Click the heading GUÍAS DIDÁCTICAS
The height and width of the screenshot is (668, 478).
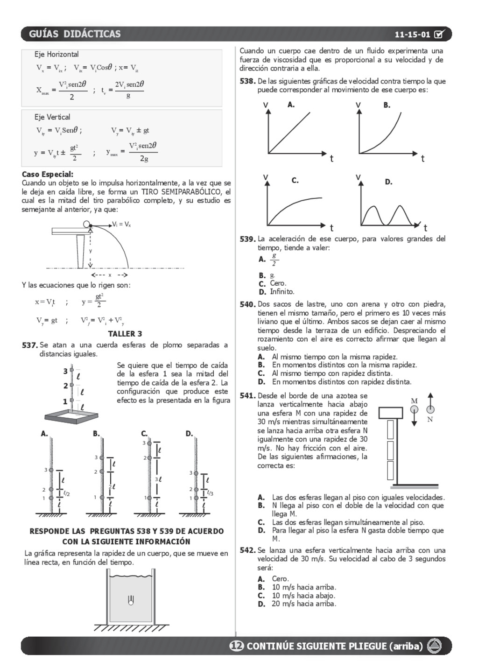75,34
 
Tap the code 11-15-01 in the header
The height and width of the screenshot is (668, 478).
412,35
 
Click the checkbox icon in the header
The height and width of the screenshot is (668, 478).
439,34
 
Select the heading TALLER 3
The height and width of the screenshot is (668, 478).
125,334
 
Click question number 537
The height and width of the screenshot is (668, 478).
29,345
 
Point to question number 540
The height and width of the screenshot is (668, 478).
247,304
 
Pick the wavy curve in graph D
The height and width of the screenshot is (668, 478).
390,215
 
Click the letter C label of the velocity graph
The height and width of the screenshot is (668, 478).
295,180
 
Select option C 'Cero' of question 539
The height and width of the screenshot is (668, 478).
278,283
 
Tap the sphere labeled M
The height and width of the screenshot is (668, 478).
414,409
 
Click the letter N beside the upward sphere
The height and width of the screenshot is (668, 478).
430,419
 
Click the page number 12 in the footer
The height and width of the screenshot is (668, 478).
237,646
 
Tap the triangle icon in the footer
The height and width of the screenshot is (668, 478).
435,646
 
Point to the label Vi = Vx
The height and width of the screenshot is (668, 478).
121,225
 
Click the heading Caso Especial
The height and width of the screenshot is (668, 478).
47,174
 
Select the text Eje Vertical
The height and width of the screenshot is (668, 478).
52,117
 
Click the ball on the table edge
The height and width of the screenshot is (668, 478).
87,225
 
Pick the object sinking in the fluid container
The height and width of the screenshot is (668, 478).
131,600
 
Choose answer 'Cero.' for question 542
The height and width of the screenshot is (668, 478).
280,579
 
